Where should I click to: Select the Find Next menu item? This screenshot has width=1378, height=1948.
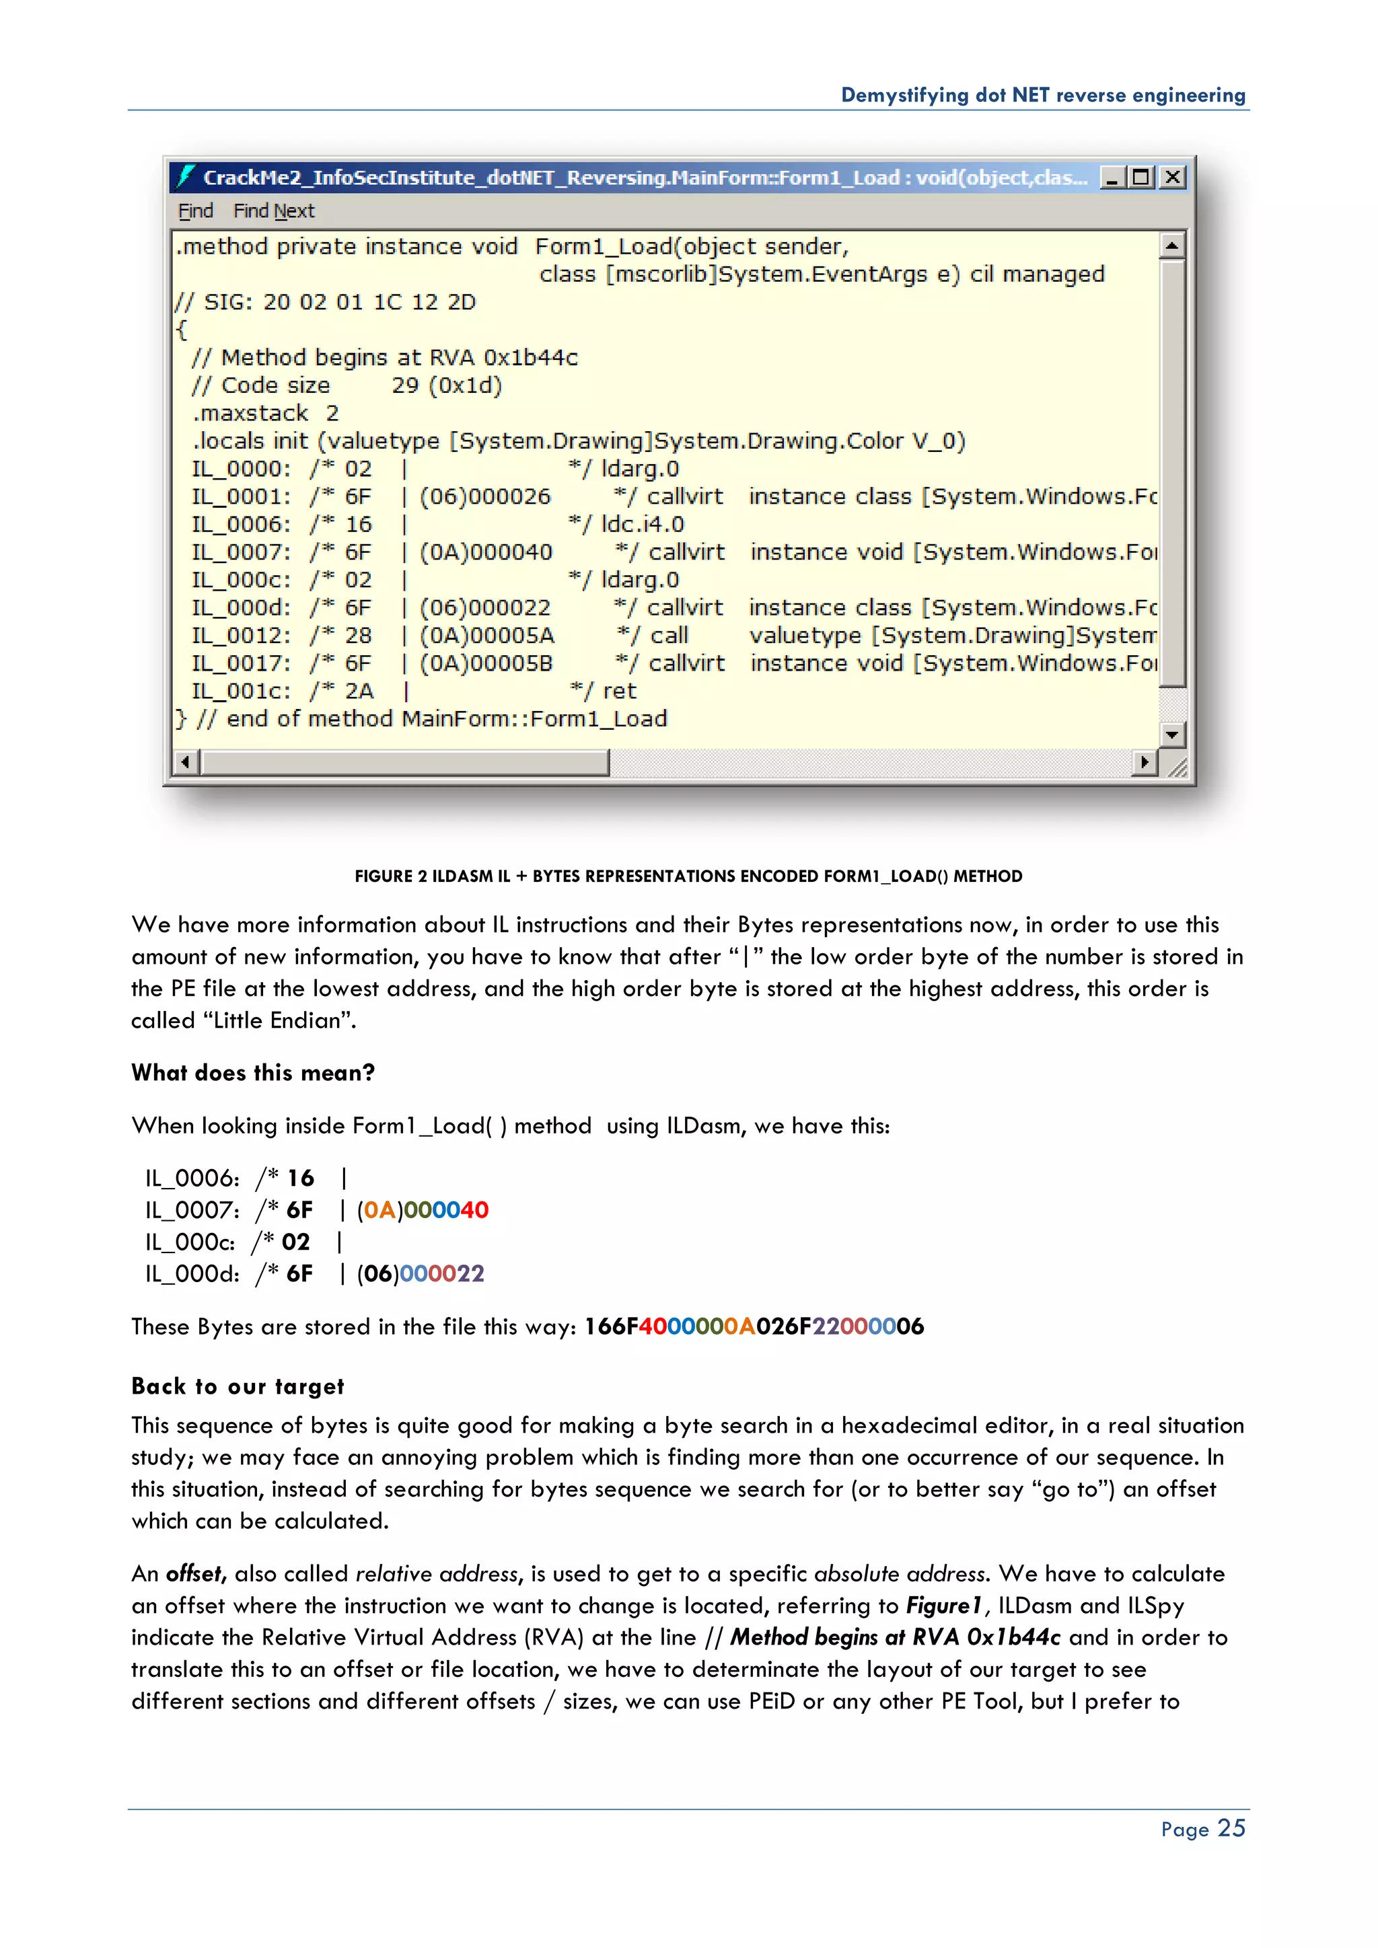coord(273,211)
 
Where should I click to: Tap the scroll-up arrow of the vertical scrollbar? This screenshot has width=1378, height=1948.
coord(1172,246)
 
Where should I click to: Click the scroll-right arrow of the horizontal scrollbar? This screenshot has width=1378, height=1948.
coord(1145,762)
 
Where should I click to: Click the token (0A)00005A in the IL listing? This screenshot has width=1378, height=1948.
coord(487,636)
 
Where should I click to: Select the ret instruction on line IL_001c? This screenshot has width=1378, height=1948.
coord(620,691)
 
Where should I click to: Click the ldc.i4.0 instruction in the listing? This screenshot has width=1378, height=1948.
coord(643,524)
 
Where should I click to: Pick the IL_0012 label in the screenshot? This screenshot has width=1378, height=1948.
coord(241,636)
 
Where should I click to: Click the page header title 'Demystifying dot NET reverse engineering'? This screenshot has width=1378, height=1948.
coord(1043,95)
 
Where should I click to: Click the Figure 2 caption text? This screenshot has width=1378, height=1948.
coord(688,876)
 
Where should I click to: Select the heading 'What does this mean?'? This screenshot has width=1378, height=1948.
coord(253,1074)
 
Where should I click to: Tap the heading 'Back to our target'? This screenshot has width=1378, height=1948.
coord(238,1386)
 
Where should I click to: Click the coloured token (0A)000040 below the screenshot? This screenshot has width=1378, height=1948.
coord(423,1210)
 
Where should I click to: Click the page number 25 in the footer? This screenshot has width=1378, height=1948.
coord(1231,1828)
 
